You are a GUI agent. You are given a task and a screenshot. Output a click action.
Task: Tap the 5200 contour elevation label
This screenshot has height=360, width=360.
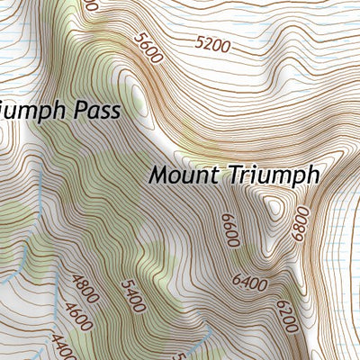(213, 42)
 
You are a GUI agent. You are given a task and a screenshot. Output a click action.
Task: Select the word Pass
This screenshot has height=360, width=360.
(117, 111)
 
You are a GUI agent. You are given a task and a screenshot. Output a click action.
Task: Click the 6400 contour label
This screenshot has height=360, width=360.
(249, 283)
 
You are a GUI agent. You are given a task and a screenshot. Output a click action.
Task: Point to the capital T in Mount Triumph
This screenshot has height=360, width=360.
(228, 174)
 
